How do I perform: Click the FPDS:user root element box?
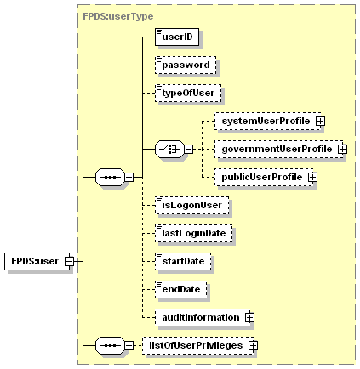pos(34,261)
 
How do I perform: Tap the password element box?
pos(185,64)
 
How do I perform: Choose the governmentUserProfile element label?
pos(276,150)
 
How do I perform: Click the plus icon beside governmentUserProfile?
pos(342,150)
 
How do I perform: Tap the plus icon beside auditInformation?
pos(249,316)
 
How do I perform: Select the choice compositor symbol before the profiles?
pos(170,150)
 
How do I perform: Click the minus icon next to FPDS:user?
pos(71,261)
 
